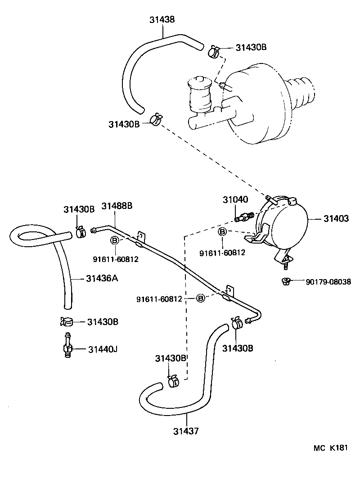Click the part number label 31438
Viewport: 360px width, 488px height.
[x=162, y=20]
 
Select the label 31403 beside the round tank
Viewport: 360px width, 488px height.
[x=336, y=219]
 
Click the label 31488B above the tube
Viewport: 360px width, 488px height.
[x=117, y=206]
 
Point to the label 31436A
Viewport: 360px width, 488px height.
[x=102, y=278]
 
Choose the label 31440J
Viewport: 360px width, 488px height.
[x=103, y=349]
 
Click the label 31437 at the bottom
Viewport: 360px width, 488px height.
[x=185, y=431]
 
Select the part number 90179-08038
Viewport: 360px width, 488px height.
[x=327, y=282]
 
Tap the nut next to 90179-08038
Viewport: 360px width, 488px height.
[x=284, y=282]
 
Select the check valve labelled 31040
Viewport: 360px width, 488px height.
[x=243, y=218]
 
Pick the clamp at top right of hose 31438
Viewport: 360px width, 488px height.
[x=214, y=51]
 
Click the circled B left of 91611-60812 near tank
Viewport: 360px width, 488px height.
[x=222, y=232]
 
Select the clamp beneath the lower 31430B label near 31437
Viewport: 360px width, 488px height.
[x=173, y=381]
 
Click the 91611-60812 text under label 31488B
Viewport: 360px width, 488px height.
[x=115, y=259]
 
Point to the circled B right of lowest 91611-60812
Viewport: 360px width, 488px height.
[x=201, y=298]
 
